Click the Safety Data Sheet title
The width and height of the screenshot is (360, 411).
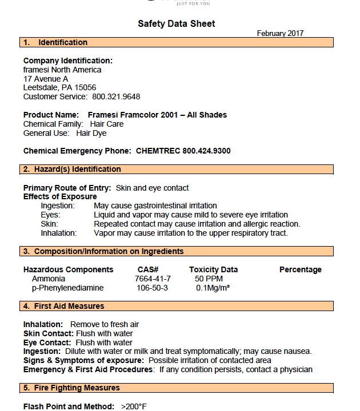[x=177, y=23]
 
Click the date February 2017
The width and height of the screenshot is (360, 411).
[x=280, y=34]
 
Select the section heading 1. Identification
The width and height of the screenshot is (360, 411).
[x=55, y=42]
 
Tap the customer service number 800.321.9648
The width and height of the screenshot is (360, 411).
[x=116, y=96]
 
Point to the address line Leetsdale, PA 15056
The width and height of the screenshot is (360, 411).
[x=59, y=87]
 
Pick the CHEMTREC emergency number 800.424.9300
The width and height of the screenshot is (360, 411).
[x=206, y=151]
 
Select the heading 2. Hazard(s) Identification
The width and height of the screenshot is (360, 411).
[x=72, y=169]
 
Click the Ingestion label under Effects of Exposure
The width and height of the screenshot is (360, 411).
[x=58, y=205]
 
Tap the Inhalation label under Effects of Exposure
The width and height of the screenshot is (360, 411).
[x=58, y=233]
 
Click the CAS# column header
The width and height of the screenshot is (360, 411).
[x=148, y=269]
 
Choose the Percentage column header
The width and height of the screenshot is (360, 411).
[x=300, y=269]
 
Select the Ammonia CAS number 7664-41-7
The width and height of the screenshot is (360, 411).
[x=153, y=279]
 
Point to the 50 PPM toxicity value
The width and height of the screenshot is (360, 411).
[x=207, y=279]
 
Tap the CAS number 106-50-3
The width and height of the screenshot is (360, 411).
[x=153, y=288]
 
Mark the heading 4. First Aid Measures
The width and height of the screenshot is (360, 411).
[x=63, y=306]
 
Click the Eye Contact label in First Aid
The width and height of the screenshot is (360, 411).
[x=47, y=342]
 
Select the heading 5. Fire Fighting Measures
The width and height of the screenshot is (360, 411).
[x=71, y=388]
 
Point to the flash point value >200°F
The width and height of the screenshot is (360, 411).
[x=134, y=406]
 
